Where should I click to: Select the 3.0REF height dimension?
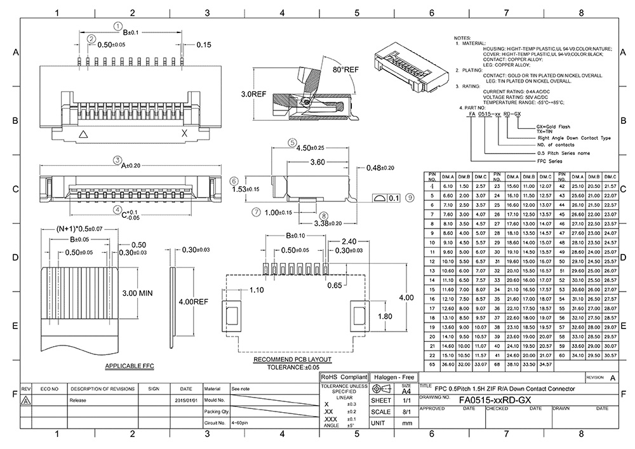(253, 93)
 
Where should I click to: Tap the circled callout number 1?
(117, 25)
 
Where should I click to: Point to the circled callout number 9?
(410, 198)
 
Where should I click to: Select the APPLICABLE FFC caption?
(130, 367)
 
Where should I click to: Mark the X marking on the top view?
(185, 133)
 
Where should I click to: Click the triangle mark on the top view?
(83, 134)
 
